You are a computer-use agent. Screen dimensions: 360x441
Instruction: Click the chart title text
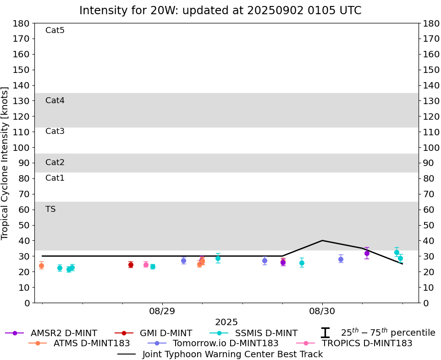tap(220, 10)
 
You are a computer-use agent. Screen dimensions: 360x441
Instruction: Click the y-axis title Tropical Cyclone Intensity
tap(6, 163)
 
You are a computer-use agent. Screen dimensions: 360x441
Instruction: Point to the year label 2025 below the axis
tap(226, 322)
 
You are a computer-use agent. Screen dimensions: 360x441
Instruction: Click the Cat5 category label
tap(55, 30)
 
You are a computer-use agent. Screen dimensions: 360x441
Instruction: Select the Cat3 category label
tap(55, 131)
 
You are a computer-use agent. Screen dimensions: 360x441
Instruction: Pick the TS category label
tap(50, 209)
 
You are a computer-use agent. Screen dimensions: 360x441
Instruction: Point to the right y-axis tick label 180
tap(431, 23)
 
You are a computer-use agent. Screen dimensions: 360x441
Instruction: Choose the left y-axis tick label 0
tap(27, 303)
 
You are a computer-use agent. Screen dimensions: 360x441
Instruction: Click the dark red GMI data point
tap(131, 265)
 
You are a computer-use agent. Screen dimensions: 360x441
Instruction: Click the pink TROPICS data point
tap(146, 265)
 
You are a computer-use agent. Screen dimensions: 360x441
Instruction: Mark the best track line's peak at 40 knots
tap(322, 240)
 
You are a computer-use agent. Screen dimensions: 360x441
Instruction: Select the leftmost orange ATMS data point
tap(41, 266)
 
